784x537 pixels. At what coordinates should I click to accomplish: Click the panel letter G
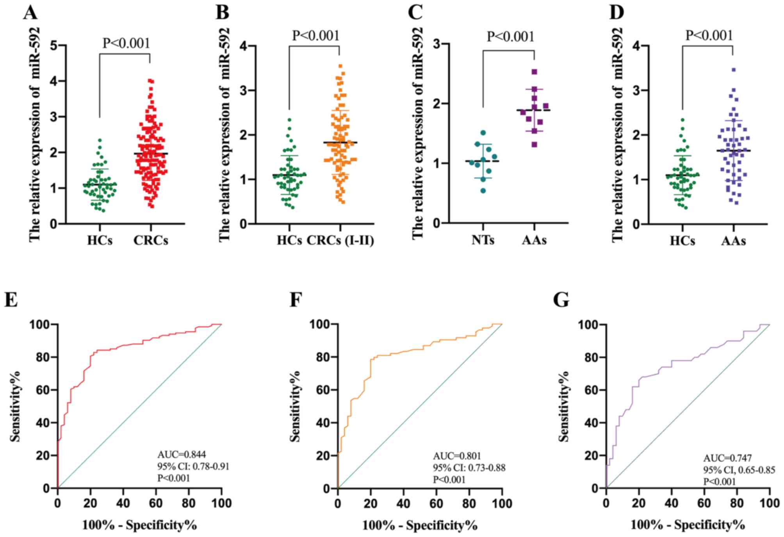click(x=561, y=300)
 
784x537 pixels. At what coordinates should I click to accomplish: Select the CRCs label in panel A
click(x=151, y=240)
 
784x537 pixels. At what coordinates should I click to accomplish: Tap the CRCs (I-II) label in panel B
click(x=340, y=240)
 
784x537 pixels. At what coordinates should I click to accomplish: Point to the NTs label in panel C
click(x=483, y=240)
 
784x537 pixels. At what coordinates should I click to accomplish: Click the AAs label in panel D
click(x=733, y=240)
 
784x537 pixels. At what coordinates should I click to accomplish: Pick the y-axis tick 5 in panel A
click(x=53, y=46)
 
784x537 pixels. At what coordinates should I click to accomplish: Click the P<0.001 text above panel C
click(x=510, y=37)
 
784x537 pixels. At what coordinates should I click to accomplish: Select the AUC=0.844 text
click(x=182, y=454)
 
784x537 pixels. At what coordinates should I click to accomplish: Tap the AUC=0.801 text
click(x=457, y=456)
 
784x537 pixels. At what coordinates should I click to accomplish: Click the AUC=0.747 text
click(x=727, y=458)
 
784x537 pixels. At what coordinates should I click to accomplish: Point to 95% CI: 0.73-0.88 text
click(x=469, y=468)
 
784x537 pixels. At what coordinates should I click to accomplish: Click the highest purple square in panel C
click(x=535, y=72)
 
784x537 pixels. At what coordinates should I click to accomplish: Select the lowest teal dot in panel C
click(x=483, y=190)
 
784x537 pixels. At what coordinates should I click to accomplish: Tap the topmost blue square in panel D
click(x=734, y=70)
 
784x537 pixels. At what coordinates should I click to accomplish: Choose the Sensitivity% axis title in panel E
click(x=16, y=406)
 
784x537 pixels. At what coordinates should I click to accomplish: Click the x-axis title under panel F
click(x=420, y=525)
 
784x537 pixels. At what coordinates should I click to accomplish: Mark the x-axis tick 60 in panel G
click(x=704, y=503)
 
